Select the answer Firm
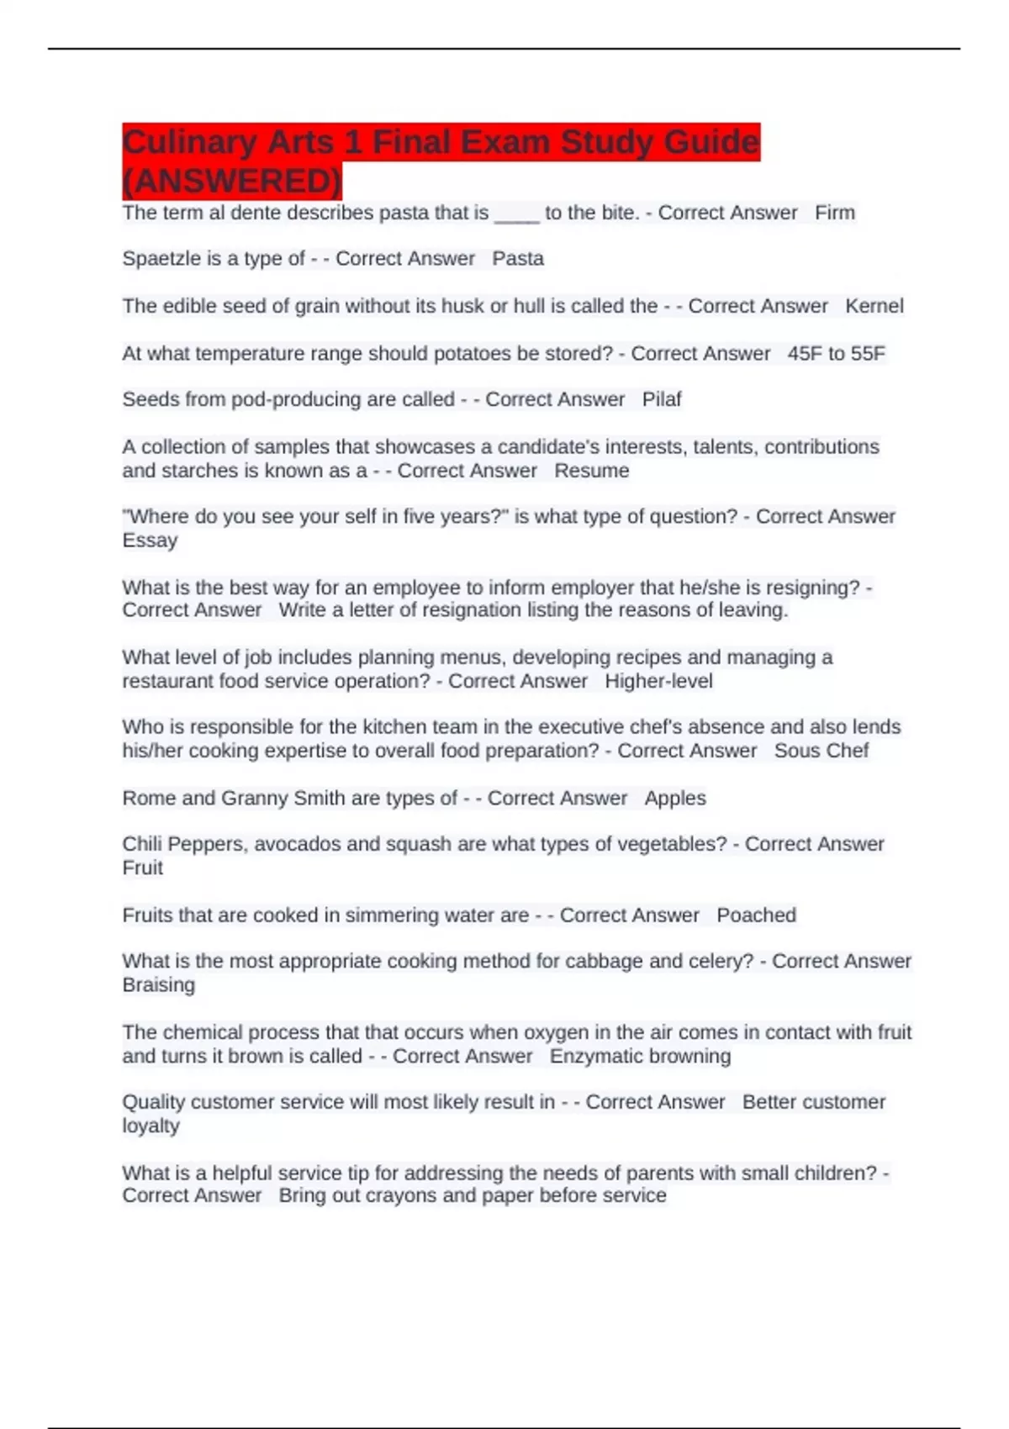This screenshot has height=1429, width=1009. (x=834, y=213)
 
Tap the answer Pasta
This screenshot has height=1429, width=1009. (x=518, y=259)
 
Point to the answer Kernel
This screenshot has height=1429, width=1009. (x=874, y=306)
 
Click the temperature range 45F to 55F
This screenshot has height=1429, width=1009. (x=836, y=354)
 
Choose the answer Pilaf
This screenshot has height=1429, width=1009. (x=662, y=399)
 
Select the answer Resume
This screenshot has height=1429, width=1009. (x=591, y=471)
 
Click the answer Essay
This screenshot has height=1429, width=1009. (x=150, y=540)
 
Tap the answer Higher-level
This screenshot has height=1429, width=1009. (x=658, y=681)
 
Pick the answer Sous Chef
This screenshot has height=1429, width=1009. (x=821, y=751)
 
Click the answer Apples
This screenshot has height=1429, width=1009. (x=675, y=798)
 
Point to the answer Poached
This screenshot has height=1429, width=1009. (x=756, y=915)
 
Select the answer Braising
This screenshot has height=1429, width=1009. (x=158, y=985)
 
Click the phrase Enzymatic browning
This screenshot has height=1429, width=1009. (x=640, y=1056)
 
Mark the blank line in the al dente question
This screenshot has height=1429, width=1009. (x=516, y=216)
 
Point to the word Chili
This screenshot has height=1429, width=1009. (x=140, y=844)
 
